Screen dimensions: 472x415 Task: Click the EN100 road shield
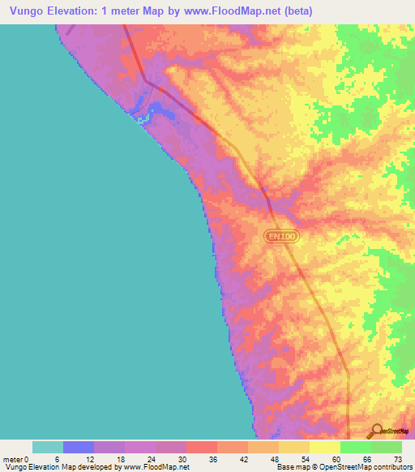[x=281, y=236]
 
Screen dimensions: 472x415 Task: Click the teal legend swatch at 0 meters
[x=48, y=447]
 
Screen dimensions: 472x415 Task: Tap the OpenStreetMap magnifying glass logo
[x=375, y=431]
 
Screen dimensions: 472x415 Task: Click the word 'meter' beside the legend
[x=14, y=459]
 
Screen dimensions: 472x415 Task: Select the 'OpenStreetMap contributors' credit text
[x=366, y=467]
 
